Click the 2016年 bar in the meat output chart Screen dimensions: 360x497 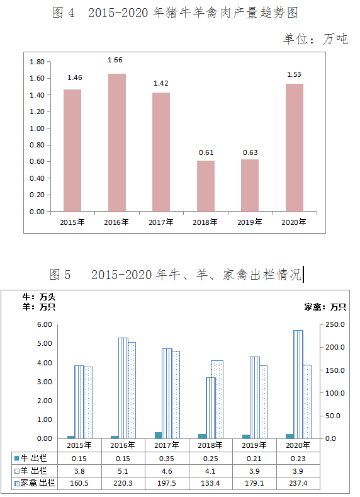pyautogui.click(x=117, y=142)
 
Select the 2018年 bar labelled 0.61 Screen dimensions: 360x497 pyautogui.click(x=205, y=186)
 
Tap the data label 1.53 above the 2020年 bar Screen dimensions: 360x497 pyautogui.click(x=294, y=74)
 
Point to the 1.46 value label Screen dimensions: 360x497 pyautogui.click(x=75, y=77)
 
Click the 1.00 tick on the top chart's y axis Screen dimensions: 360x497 pyautogui.click(x=37, y=129)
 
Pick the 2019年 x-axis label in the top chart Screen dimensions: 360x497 pyautogui.click(x=249, y=222)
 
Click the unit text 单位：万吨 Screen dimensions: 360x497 pyautogui.click(x=315, y=39)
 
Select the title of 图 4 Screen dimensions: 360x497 pyautogui.click(x=175, y=13)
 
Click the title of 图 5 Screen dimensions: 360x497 pyautogui.click(x=175, y=274)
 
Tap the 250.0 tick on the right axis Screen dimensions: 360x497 pyautogui.click(x=335, y=325)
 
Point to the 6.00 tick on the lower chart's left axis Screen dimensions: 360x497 pyautogui.click(x=44, y=324)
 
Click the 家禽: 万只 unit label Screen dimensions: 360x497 pyautogui.click(x=325, y=307)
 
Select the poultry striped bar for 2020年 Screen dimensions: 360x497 pyautogui.click(x=298, y=384)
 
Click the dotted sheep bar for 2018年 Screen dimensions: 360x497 pyautogui.click(x=217, y=399)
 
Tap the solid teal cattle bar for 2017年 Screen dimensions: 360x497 pyautogui.click(x=158, y=435)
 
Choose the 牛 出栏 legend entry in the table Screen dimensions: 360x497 pyautogui.click(x=30, y=458)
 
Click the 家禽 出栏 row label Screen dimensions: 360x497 pyautogui.click(x=35, y=483)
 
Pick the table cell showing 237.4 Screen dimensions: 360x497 pyautogui.click(x=298, y=483)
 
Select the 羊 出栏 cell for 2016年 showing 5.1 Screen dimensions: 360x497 pyautogui.click(x=123, y=471)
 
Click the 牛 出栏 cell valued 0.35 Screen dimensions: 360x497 pyautogui.click(x=167, y=459)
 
